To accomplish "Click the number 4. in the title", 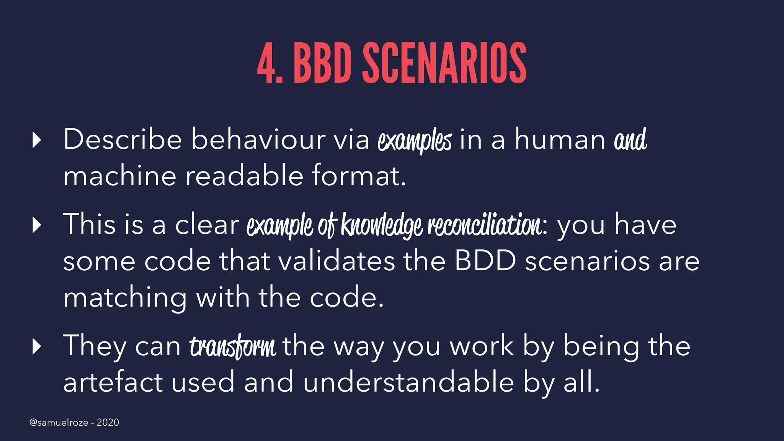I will [x=269, y=63].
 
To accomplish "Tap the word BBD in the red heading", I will [x=322, y=63].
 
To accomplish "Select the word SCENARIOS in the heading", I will [x=444, y=63].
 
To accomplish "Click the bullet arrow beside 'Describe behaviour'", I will [x=37, y=140].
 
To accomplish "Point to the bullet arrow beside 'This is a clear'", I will [x=37, y=225].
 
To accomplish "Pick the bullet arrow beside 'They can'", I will [x=37, y=346].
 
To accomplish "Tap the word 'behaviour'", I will [x=258, y=139].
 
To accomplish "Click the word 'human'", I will [x=560, y=139].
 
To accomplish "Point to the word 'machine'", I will [x=119, y=176].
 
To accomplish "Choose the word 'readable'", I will [x=244, y=176].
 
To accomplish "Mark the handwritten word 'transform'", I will [x=232, y=346].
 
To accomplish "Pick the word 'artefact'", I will [x=113, y=382].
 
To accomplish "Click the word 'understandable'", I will [x=408, y=382].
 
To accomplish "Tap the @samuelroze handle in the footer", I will [x=59, y=422].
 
